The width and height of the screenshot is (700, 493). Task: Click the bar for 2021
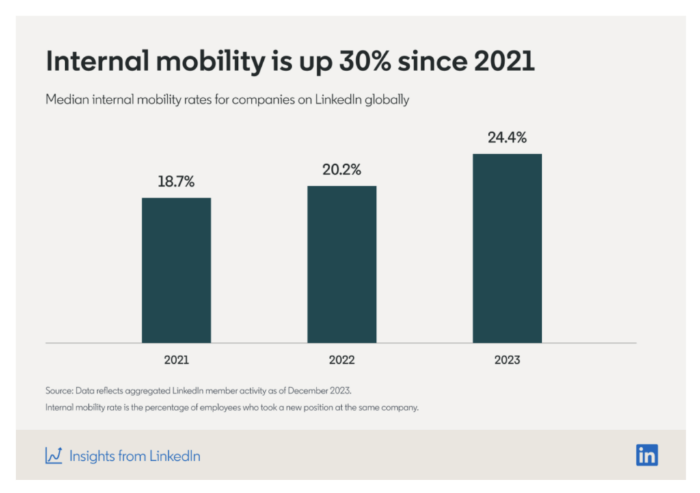coord(176,270)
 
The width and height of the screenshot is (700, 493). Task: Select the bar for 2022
coord(342,264)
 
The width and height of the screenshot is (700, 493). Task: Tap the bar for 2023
coord(507,248)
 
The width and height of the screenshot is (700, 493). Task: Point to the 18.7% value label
coord(176,182)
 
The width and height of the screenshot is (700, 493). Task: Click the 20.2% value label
coord(342,170)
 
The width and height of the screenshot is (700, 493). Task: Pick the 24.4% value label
coord(507,137)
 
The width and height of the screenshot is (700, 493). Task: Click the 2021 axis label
coord(176,360)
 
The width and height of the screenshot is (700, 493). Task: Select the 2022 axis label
coord(342,360)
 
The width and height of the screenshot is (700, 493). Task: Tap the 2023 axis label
coord(507,360)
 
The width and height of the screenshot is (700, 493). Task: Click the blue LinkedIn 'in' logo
coord(647,455)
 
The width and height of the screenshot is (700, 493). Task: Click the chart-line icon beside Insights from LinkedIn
coord(54,455)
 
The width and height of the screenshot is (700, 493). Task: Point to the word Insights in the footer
coord(93,456)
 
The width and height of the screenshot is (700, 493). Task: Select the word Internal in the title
coord(92,62)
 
